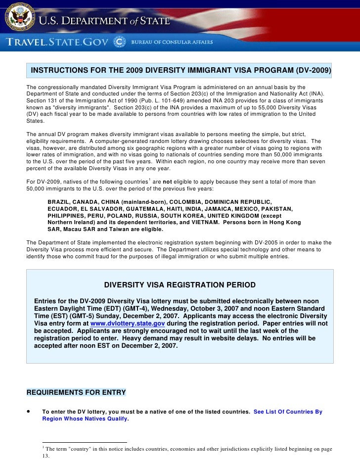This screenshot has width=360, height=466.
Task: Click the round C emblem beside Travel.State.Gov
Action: pos(119,42)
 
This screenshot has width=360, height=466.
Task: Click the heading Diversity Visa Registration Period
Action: pos(180,285)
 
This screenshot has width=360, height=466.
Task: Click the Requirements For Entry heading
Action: pos(76,392)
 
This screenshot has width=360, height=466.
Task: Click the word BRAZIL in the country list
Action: pos(60,202)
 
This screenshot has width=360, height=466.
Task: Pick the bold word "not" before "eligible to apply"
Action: pos(170,182)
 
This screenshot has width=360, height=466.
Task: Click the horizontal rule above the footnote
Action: pos(85,442)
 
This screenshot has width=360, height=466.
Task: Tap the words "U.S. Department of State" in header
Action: pos(104,21)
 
